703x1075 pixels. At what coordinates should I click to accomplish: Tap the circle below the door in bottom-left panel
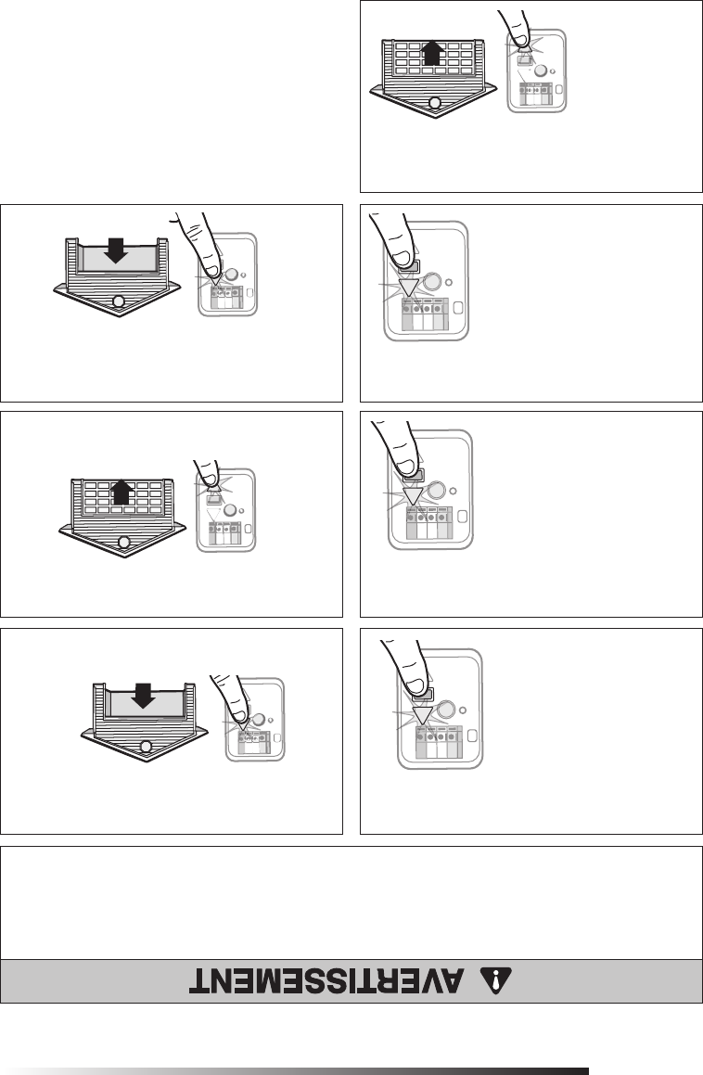pyautogui.click(x=145, y=747)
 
